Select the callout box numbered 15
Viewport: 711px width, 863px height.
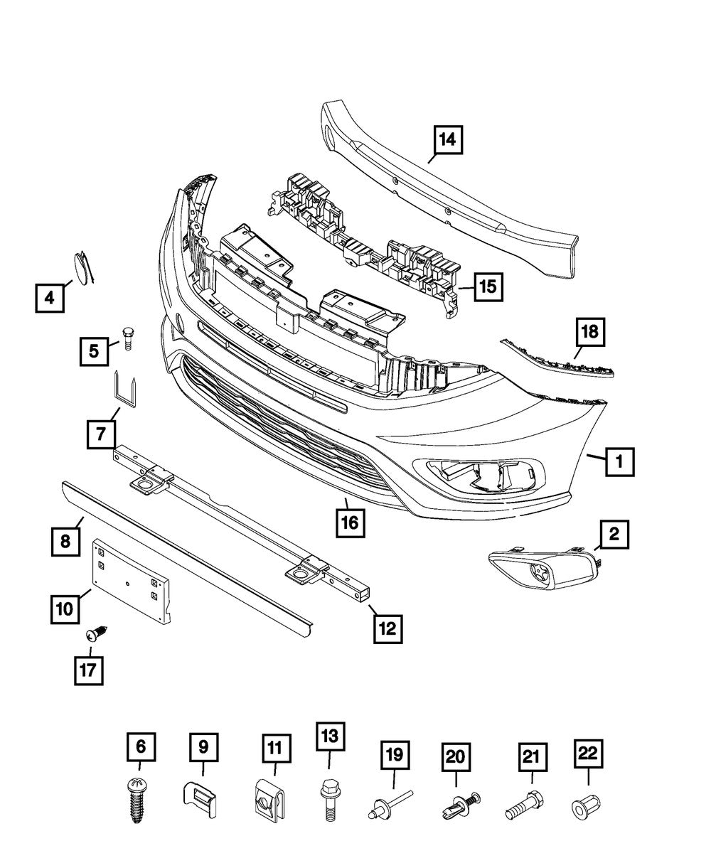(x=486, y=287)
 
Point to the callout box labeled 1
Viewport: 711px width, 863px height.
(x=620, y=463)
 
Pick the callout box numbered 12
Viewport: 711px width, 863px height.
(x=387, y=627)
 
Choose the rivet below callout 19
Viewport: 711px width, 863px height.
(x=387, y=807)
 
